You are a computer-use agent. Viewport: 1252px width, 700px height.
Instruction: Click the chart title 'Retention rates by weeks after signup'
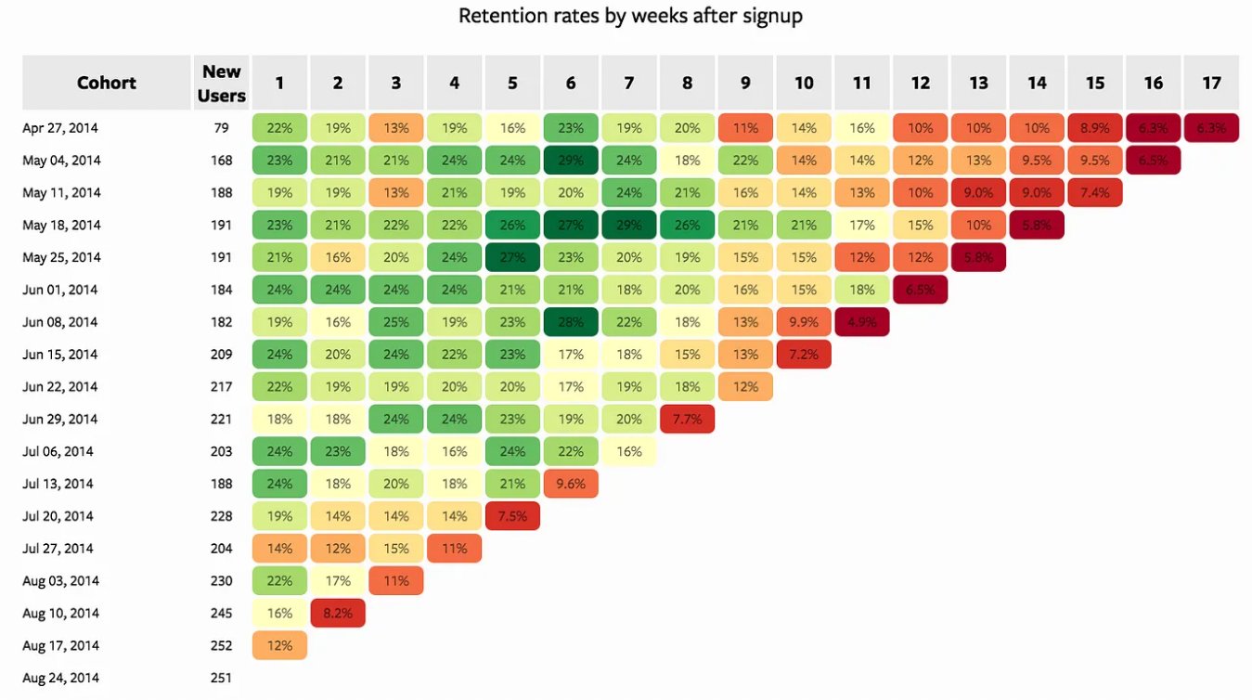pyautogui.click(x=630, y=16)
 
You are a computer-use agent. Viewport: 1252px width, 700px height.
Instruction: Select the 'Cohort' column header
pyautogui.click(x=106, y=83)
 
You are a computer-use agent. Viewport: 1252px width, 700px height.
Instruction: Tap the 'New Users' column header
pyautogui.click(x=222, y=83)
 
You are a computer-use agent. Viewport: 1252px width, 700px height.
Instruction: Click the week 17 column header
pyautogui.click(x=1211, y=83)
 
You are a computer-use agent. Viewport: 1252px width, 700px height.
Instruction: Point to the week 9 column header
pyautogui.click(x=745, y=83)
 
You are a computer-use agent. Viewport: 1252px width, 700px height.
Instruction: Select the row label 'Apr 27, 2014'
pyautogui.click(x=61, y=128)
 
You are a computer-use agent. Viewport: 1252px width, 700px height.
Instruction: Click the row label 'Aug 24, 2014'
pyautogui.click(x=61, y=678)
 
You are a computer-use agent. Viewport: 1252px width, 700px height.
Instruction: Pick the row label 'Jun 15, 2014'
pyautogui.click(x=61, y=355)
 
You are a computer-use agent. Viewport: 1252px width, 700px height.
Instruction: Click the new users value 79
pyautogui.click(x=222, y=128)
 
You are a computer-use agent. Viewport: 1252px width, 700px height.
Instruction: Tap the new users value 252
pyautogui.click(x=222, y=645)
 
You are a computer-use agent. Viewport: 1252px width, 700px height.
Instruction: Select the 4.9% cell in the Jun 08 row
pyautogui.click(x=861, y=322)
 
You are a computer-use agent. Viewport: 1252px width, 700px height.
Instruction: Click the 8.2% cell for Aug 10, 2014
pyautogui.click(x=338, y=613)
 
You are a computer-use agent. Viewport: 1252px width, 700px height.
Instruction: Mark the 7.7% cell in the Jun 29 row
pyautogui.click(x=687, y=419)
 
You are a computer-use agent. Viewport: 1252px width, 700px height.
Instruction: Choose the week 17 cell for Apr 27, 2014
pyautogui.click(x=1211, y=128)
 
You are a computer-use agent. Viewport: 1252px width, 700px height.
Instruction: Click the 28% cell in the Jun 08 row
pyautogui.click(x=571, y=322)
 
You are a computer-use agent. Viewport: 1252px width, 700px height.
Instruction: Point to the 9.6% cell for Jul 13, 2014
pyautogui.click(x=571, y=484)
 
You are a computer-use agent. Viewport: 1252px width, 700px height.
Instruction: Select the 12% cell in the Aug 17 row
pyautogui.click(x=279, y=645)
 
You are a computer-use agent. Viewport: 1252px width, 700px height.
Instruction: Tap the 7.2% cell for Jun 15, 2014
pyautogui.click(x=804, y=355)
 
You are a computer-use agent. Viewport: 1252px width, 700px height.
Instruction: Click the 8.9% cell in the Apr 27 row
pyautogui.click(x=1095, y=128)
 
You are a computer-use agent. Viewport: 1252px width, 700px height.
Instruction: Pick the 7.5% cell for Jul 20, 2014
pyautogui.click(x=512, y=516)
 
